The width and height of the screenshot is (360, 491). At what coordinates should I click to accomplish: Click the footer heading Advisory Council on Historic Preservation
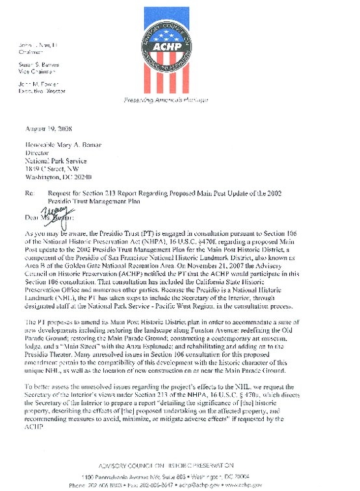pos(179,466)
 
